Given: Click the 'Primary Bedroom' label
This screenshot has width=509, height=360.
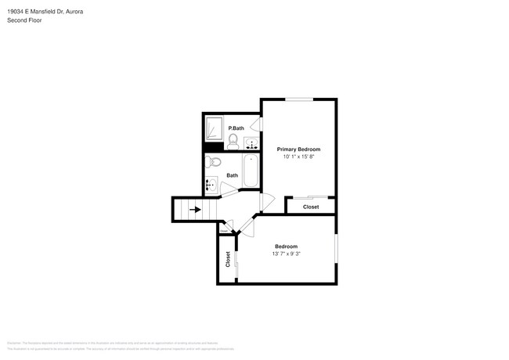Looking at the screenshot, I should point(298,149).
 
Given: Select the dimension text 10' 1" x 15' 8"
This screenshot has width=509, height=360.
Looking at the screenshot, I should point(298,157).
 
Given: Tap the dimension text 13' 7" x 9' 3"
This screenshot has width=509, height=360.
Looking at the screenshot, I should point(286,254).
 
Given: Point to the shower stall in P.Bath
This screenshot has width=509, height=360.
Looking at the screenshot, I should point(213,128).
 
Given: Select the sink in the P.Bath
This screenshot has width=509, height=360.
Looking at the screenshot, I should point(251,143).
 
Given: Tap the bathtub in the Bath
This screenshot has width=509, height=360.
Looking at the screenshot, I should point(251,170).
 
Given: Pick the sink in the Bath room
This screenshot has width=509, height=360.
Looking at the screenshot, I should point(211,186).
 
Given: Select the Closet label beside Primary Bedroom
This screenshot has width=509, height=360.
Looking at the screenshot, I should point(311,207).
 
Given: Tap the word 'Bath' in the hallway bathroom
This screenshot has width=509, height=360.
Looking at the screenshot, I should point(233,175).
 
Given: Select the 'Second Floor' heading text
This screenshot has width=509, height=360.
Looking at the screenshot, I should point(25,20).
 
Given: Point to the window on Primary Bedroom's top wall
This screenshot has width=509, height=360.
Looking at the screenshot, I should point(299,99).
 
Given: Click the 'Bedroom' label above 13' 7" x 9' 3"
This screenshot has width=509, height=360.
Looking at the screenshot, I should point(286,247).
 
